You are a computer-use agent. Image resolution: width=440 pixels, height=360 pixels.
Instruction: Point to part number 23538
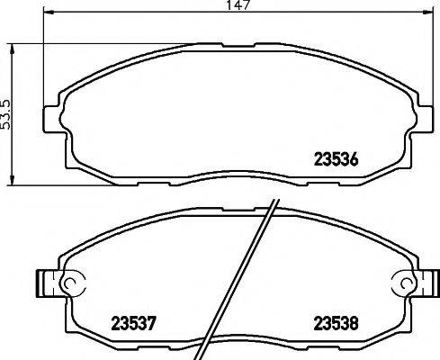pyautogui.click(x=336, y=322)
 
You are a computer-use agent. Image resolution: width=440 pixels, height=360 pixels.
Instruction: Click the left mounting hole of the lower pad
pyautogui.click(x=68, y=284)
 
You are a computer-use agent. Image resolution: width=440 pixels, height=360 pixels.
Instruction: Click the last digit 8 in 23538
pyautogui.click(x=357, y=322)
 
